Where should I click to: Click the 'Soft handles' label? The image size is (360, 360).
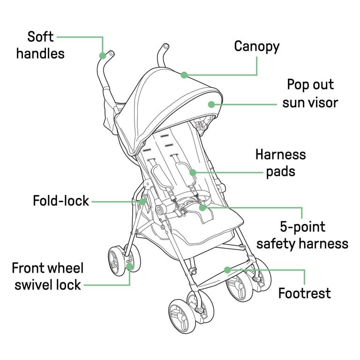click(x=40, y=45)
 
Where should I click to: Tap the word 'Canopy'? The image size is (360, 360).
click(x=257, y=47)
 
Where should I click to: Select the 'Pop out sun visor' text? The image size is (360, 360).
click(x=310, y=93)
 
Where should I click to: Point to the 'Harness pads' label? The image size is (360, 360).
click(x=281, y=163)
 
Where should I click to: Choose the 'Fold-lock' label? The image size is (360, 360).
click(x=61, y=201)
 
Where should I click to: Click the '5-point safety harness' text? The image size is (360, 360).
click(x=302, y=235)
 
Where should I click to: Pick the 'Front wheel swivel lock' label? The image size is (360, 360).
click(x=48, y=277)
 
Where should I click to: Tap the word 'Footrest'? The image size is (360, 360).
click(x=304, y=293)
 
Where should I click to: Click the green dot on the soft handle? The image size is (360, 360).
click(x=103, y=56)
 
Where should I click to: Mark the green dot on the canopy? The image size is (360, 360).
click(x=184, y=75)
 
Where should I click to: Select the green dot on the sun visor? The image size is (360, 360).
click(x=211, y=105)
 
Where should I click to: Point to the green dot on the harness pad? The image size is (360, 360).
click(x=193, y=172)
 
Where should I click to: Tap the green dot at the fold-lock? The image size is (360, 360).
click(x=142, y=202)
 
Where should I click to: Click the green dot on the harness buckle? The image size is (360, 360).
click(x=202, y=208)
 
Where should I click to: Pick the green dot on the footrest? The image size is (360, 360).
click(x=227, y=270)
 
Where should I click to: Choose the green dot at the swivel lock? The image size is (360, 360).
click(x=130, y=267)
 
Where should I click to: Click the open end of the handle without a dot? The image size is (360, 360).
click(x=166, y=46)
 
